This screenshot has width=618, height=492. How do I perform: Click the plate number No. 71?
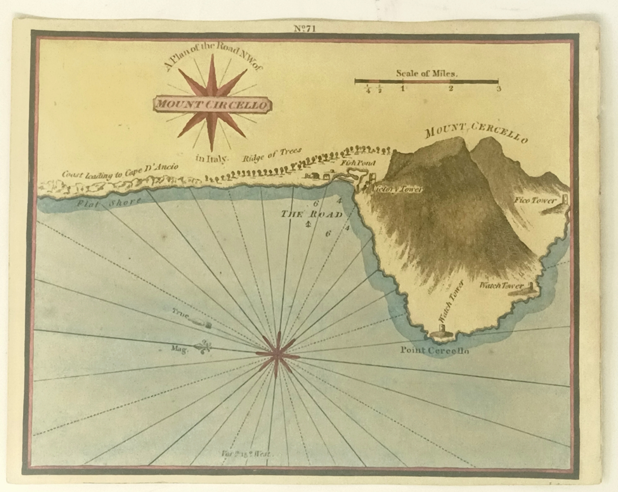304,29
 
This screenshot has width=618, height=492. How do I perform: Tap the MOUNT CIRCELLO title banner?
212,104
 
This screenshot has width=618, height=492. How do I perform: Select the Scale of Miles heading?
426,74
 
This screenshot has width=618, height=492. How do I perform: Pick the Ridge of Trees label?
272,155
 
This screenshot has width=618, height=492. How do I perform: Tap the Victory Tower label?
397,189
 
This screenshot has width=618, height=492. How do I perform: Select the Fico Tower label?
535,201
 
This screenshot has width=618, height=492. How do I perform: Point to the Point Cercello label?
434,350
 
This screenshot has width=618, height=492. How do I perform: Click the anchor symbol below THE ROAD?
308,225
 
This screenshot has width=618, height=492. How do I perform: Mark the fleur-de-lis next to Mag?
204,347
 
